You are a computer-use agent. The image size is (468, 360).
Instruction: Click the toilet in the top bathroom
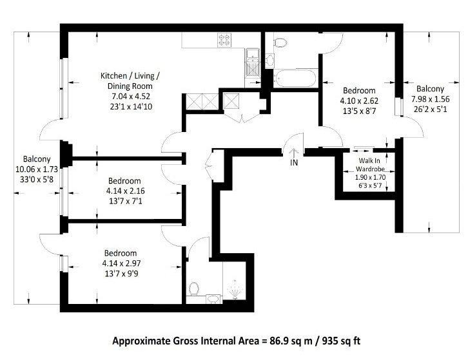coord(279,43)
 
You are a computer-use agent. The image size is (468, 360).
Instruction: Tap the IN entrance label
coord(294,164)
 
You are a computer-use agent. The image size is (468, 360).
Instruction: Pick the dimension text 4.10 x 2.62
coord(359,100)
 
